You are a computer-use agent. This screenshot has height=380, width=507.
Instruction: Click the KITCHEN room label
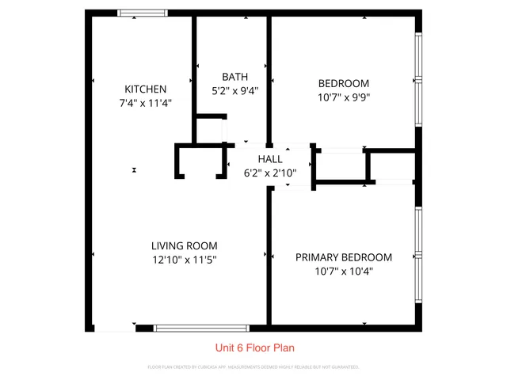145,89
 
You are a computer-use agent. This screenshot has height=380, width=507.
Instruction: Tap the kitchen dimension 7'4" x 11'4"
145,102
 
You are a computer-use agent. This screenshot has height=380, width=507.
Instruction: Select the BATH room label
234,77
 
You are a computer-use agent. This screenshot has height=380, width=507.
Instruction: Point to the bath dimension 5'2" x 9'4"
234,90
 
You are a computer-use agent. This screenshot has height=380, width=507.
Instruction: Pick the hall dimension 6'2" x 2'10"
269,173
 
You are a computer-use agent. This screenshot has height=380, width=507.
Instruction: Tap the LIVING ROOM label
185,245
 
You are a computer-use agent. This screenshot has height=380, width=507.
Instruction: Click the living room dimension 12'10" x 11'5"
185,259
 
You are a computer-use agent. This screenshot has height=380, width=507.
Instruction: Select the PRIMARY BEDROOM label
344,257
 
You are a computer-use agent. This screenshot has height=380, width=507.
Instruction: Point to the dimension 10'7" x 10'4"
344,271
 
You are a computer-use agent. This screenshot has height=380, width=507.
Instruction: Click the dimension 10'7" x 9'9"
344,97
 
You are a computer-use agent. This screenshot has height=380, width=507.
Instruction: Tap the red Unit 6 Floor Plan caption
256,348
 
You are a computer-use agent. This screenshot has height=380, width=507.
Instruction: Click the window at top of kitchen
143,13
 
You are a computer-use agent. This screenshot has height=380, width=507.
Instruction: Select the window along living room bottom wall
201,328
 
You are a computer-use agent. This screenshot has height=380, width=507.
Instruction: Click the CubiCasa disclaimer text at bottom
253,367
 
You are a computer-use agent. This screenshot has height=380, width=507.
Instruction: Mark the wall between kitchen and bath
194,71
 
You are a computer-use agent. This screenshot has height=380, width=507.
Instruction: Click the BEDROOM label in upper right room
344,83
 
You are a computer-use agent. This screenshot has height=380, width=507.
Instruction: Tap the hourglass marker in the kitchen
135,169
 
